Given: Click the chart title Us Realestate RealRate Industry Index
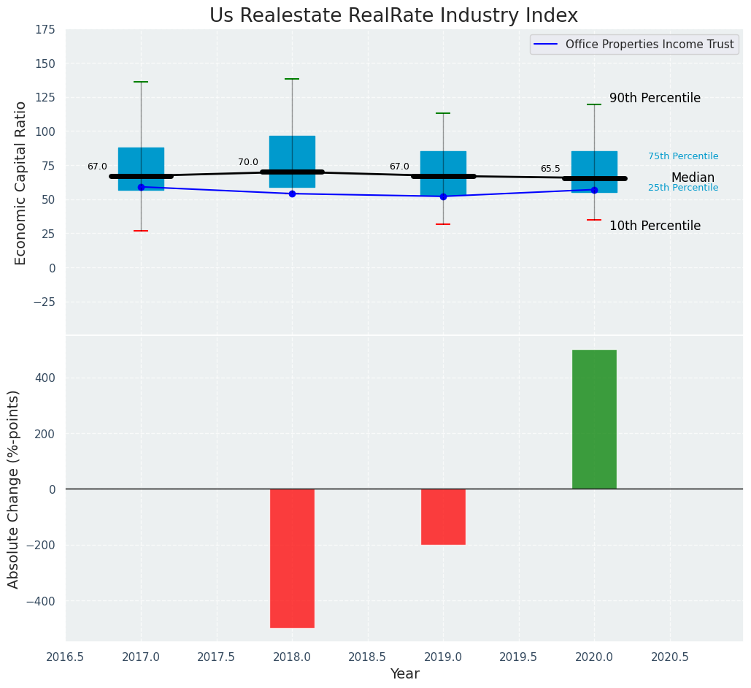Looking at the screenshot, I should click(x=393, y=16).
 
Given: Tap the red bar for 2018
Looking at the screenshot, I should click(x=292, y=558).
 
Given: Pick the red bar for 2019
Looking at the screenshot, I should click(x=443, y=516).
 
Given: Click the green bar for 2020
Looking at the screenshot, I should click(x=594, y=419).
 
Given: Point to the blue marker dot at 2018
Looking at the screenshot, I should click(x=292, y=194).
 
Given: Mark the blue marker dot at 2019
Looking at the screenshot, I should click(x=443, y=196).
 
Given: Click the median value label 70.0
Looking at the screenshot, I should click(x=248, y=162).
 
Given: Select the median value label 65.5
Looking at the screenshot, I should click(x=550, y=169).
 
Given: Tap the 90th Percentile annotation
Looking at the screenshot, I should click(x=655, y=98).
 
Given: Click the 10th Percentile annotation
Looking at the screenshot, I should click(x=655, y=226).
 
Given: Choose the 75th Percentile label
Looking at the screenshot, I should click(x=683, y=156).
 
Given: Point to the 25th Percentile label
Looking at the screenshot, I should click(x=683, y=188).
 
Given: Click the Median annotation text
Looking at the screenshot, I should click(x=693, y=177).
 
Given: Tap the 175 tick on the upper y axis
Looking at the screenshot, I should click(x=45, y=29).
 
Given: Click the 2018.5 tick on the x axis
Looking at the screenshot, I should click(x=368, y=657).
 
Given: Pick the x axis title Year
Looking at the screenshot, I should click(x=404, y=674).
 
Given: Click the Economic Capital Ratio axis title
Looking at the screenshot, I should click(x=20, y=183).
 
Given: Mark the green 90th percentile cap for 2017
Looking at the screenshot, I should click(x=141, y=82).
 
